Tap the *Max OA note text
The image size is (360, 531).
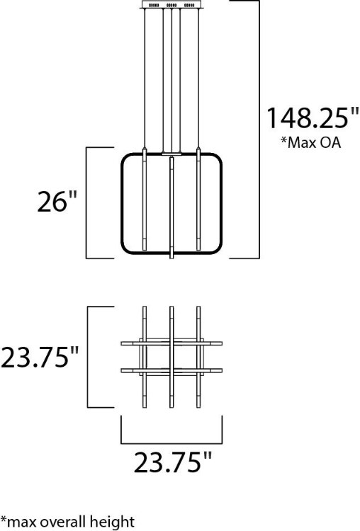point(310,144)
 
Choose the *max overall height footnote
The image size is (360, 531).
point(67,522)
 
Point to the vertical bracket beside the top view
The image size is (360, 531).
point(87,357)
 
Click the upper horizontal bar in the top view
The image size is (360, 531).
point(172,343)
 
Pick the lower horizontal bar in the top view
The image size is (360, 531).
point(172,370)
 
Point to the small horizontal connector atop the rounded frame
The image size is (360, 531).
point(171,152)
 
